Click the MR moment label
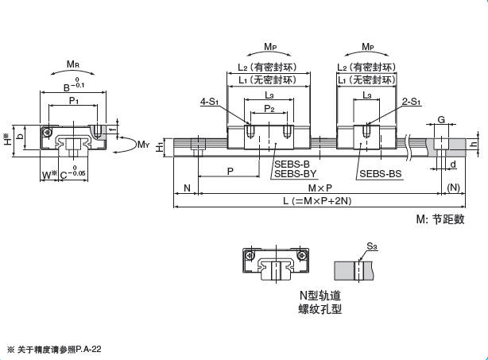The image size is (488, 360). [x=73, y=64]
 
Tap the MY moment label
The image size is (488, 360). [x=144, y=144]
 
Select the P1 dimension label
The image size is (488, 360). [x=74, y=100]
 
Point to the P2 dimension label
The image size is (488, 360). [x=269, y=108]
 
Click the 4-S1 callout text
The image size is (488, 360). [x=210, y=102]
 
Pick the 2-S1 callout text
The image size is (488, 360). [x=412, y=102]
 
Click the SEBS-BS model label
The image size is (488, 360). [x=381, y=173]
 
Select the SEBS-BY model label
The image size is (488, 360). [x=295, y=173]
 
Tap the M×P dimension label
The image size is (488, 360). [x=320, y=188]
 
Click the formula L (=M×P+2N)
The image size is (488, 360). [x=317, y=201]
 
